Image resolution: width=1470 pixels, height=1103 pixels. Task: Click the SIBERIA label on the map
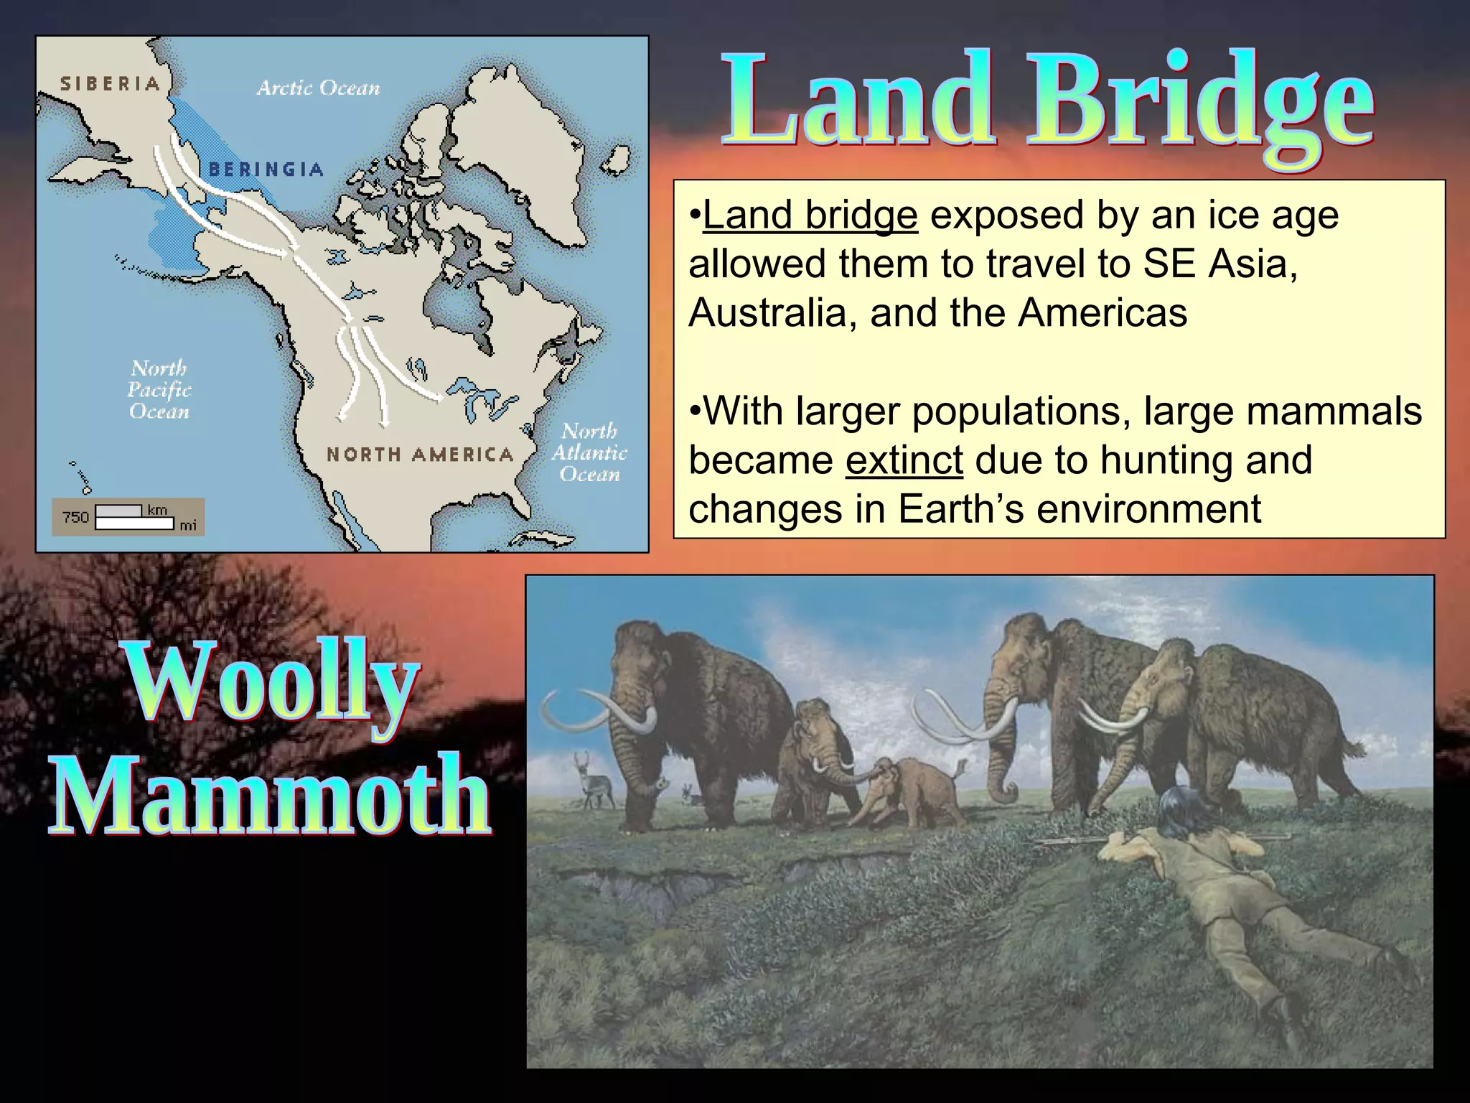(x=109, y=84)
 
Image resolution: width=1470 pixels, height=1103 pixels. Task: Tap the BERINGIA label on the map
(x=266, y=169)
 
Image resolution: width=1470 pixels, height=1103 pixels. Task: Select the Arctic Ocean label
(x=318, y=88)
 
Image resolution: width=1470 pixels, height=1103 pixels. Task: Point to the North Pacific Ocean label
(x=159, y=390)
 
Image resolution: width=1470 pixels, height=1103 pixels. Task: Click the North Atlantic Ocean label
(x=589, y=452)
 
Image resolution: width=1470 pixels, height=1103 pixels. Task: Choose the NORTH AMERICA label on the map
(x=420, y=455)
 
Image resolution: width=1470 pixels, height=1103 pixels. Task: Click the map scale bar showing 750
(x=128, y=517)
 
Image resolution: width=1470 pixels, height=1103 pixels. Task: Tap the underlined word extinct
(x=904, y=460)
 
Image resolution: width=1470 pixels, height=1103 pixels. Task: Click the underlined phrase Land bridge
(x=810, y=215)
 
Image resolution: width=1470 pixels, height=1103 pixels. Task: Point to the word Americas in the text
(x=1102, y=313)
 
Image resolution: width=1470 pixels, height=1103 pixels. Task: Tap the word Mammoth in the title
(x=271, y=796)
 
